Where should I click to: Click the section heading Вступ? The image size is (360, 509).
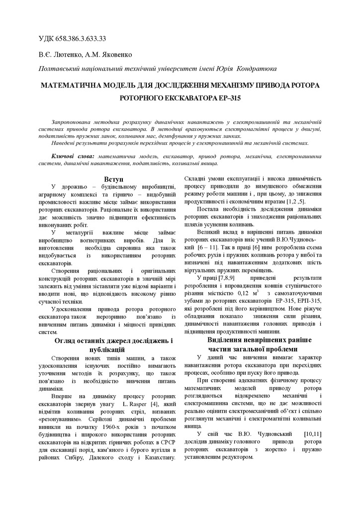tap(114, 178)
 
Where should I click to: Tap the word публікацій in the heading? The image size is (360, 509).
tap(114, 349)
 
